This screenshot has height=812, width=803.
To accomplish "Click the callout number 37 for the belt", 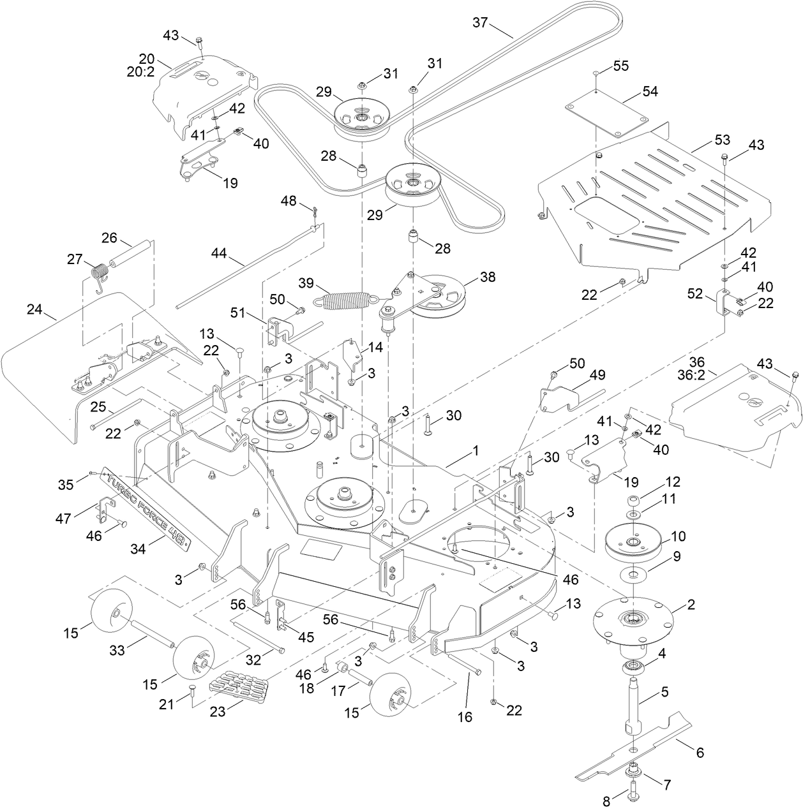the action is click(x=479, y=22).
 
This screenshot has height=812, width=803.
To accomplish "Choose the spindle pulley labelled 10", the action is click(x=634, y=540).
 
